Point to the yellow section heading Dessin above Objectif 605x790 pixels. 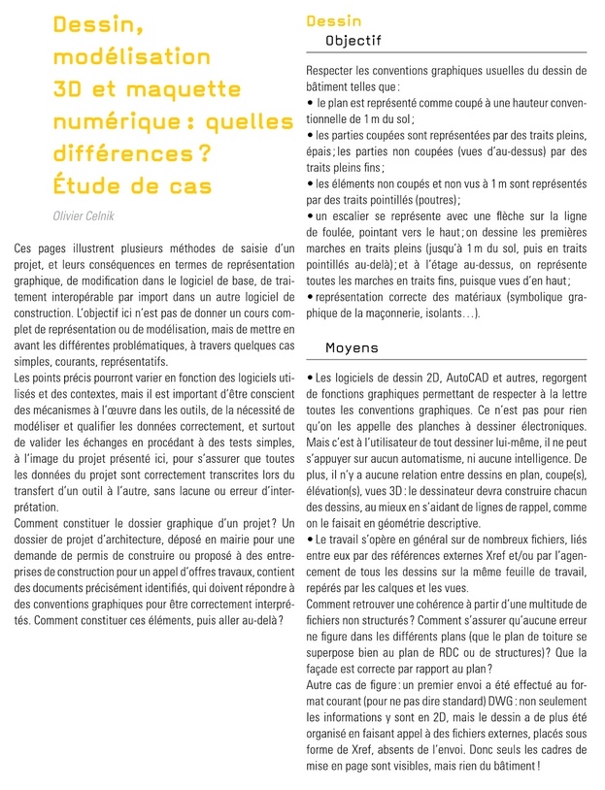[334, 21]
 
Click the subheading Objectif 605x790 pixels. [353, 41]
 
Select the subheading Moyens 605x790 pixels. [352, 347]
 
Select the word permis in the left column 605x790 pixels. [81, 543]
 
